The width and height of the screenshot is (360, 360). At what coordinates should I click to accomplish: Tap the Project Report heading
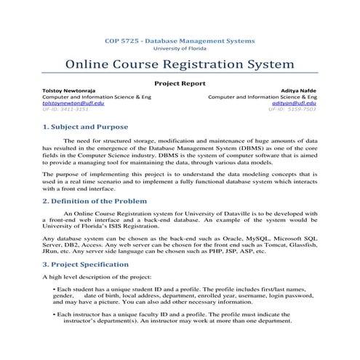pos(180,84)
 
